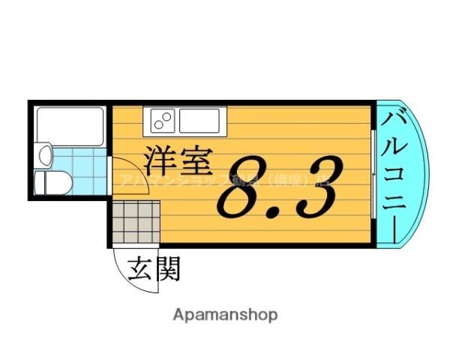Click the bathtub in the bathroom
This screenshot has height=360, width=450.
click(70, 125)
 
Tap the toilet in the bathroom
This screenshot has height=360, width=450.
click(52, 182)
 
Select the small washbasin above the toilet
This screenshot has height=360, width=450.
click(45, 157)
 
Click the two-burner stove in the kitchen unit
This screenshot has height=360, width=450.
click(162, 118)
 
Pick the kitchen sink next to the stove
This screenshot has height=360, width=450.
click(199, 118)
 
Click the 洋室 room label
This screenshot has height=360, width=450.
click(178, 160)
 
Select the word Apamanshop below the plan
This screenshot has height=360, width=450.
click(225, 314)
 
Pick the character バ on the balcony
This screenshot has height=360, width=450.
click(395, 121)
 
